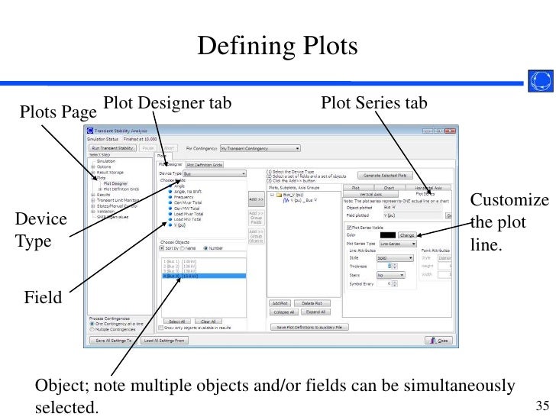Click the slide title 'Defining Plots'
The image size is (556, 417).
(277, 47)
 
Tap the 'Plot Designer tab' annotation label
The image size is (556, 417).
(167, 102)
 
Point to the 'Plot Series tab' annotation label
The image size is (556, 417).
(374, 102)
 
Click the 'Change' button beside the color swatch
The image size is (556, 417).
(407, 235)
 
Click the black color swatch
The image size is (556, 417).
(387, 235)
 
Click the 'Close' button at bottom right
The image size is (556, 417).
(441, 340)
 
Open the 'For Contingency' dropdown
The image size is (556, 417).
(260, 148)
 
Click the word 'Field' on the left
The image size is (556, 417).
(42, 298)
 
